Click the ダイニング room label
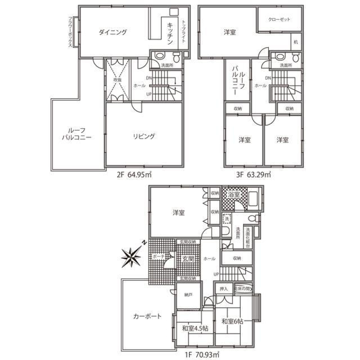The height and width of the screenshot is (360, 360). [x=113, y=32]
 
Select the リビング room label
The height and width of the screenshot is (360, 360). [x=144, y=136]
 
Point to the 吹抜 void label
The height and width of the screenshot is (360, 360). [x=118, y=80]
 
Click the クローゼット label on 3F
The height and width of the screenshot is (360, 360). [x=280, y=19]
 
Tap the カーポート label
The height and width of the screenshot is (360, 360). [x=147, y=316]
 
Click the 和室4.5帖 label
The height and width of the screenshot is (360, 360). [x=195, y=328]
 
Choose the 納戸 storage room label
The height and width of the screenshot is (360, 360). [x=188, y=295]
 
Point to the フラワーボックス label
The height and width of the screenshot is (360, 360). [x=70, y=32]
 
